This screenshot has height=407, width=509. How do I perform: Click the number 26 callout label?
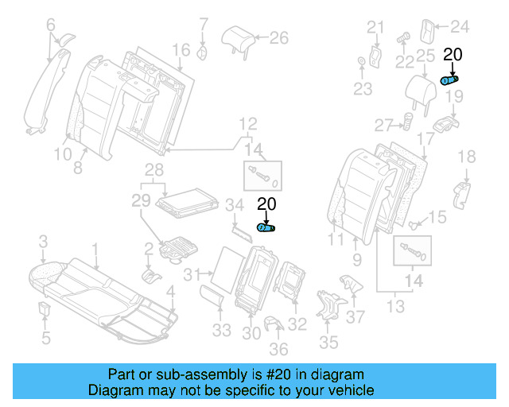[x=278, y=37]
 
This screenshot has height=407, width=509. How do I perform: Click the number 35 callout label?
[x=328, y=343]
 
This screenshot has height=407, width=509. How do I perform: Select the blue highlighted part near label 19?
[x=451, y=79]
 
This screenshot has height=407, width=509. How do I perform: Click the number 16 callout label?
[x=181, y=50]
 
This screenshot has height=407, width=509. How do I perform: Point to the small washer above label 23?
[x=363, y=61]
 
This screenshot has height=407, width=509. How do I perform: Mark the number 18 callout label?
[x=466, y=157]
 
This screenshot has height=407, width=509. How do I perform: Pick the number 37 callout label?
[x=355, y=317]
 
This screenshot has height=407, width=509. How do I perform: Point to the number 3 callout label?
[x=45, y=240]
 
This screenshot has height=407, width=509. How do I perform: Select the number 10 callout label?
[x=63, y=154]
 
